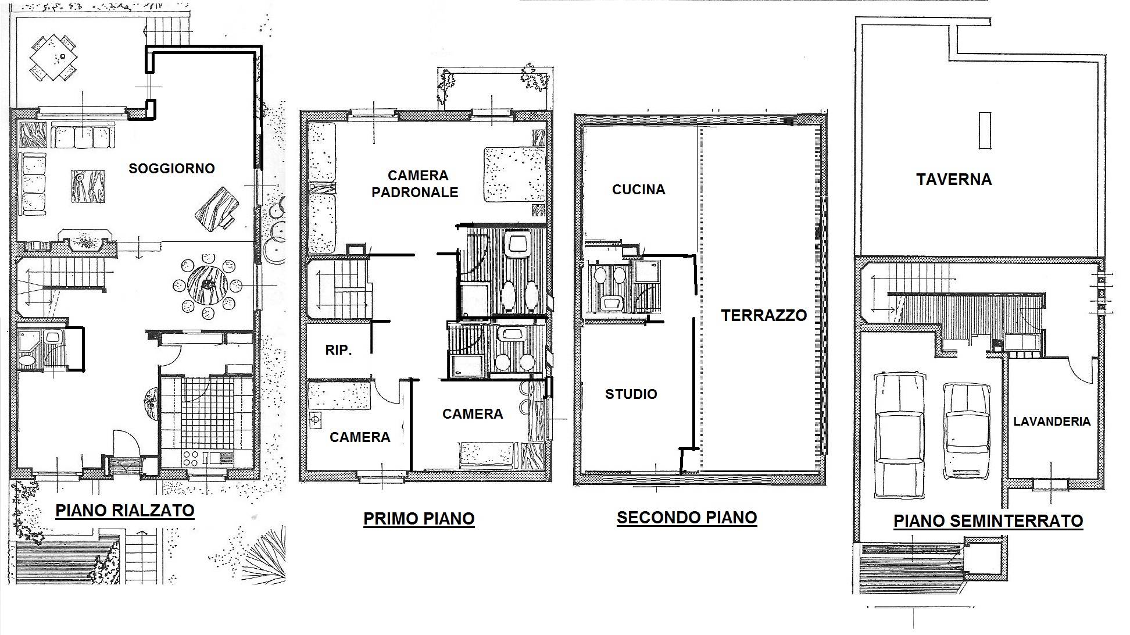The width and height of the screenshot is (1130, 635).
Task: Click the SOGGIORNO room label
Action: point(171,169)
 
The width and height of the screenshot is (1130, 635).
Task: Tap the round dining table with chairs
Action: point(208,285)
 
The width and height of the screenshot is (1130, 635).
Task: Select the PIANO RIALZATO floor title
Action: point(124,511)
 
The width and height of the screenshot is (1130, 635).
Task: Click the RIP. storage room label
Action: point(338,351)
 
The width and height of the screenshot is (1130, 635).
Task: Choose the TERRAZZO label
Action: point(764,315)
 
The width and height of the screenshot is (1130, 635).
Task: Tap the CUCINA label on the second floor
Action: point(638,190)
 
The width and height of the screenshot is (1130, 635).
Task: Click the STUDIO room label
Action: point(631,394)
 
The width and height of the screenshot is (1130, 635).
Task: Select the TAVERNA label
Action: point(954,179)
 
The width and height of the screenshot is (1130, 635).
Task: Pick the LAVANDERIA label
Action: point(1052,422)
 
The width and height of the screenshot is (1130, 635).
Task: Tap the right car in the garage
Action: point(966,430)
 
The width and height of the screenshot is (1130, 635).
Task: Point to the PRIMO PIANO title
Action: point(419,519)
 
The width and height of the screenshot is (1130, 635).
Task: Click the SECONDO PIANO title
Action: point(686,518)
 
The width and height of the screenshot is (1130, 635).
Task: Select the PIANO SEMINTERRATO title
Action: point(988,520)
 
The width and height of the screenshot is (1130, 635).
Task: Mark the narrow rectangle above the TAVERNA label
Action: point(984,131)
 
